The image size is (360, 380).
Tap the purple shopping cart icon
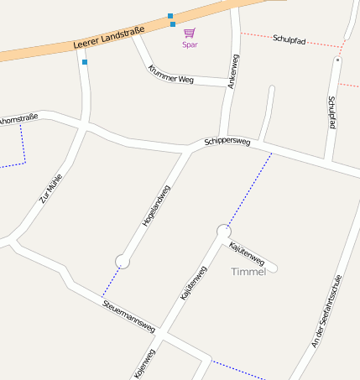pyautogui.click(x=190, y=34)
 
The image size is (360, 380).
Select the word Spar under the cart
pyautogui.click(x=190, y=45)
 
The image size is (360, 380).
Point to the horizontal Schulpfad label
pyautogui.click(x=291, y=39)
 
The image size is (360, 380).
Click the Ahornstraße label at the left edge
pyautogui.click(x=19, y=119)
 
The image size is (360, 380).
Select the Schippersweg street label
pyautogui.click(x=227, y=142)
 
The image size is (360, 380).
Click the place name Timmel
pyautogui.click(x=248, y=272)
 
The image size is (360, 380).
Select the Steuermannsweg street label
pyautogui.click(x=128, y=314)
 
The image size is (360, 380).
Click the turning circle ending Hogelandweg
pyautogui.click(x=123, y=262)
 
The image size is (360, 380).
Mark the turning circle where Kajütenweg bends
pyautogui.click(x=223, y=231)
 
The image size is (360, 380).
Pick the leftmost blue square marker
pyautogui.click(x=85, y=61)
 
